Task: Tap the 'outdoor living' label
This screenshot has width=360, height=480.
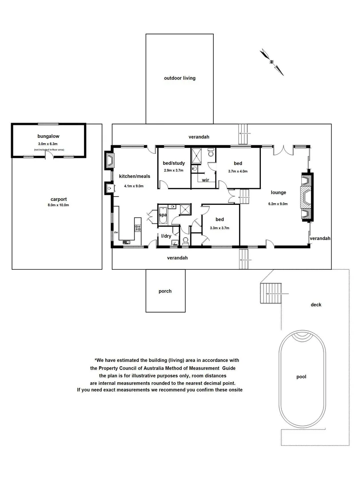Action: click(x=180, y=78)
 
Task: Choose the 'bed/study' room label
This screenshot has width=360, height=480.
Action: click(x=174, y=163)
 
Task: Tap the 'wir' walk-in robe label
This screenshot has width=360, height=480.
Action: click(x=206, y=180)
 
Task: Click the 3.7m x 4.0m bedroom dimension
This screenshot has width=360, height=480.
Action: click(x=237, y=171)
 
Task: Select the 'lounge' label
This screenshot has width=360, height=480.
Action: click(x=278, y=192)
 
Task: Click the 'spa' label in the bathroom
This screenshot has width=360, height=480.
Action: click(x=163, y=215)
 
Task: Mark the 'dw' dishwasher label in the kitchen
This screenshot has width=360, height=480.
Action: click(x=116, y=232)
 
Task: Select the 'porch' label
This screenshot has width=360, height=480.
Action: click(x=165, y=291)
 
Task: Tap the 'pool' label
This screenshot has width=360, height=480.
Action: click(x=301, y=377)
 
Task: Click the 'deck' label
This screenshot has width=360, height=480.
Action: click(x=316, y=304)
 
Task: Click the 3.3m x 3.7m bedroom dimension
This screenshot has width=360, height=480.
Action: click(x=220, y=228)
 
